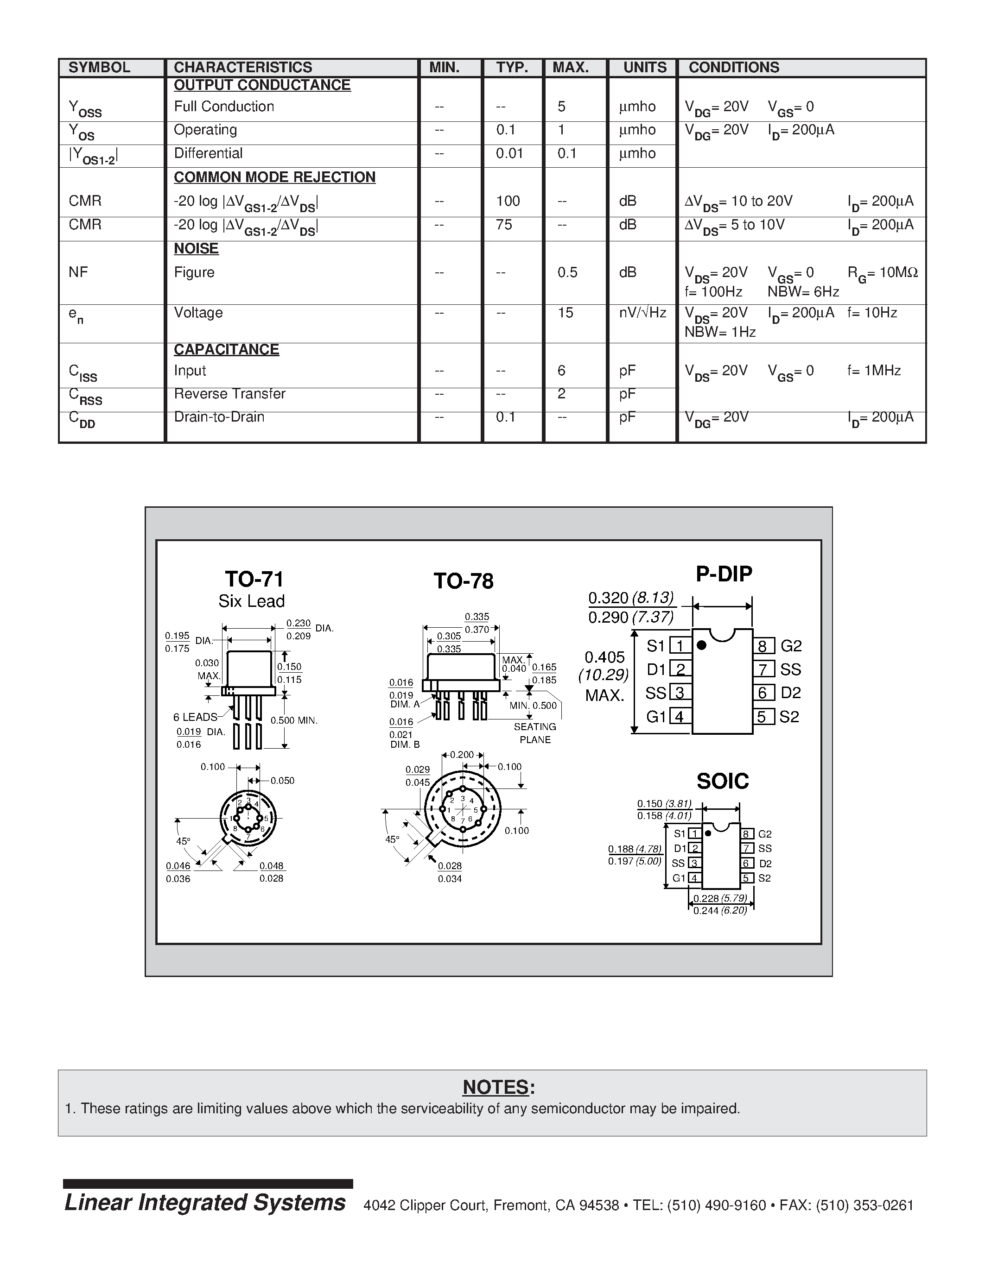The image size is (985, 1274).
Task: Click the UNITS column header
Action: pos(644,68)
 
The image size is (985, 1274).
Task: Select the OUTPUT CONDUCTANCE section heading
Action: pos(262,85)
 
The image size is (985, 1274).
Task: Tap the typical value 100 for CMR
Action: pos(508,201)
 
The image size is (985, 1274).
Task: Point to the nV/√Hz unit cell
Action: pos(642,313)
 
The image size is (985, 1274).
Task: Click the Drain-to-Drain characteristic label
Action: pos(219,417)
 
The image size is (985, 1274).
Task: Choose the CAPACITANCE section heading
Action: pos(226,349)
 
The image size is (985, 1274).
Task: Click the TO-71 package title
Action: pos(254,579)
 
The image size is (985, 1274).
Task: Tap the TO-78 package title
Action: pos(464,581)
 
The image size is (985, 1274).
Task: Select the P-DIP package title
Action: pos(724,574)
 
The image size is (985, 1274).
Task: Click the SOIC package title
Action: pos(723,781)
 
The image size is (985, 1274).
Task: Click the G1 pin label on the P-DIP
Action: pos(656,716)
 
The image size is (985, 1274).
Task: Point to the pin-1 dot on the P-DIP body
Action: pos(702,645)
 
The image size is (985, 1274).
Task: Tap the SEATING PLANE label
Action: pos(534,733)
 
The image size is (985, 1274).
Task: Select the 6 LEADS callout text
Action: pos(195,717)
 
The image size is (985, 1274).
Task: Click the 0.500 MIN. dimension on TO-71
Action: pos(293,720)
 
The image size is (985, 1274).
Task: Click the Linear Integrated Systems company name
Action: pos(205,1203)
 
